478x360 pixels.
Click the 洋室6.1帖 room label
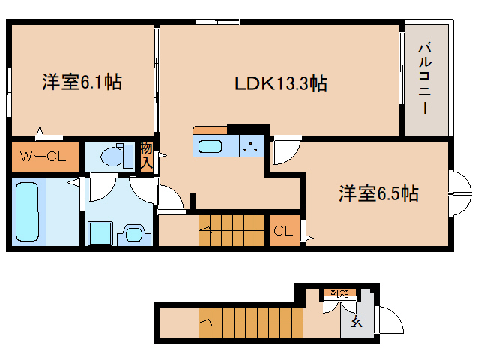coord(82,82)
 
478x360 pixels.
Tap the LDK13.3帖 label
coord(281,83)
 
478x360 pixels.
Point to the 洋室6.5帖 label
coord(378,193)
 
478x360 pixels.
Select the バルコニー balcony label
coord(425,79)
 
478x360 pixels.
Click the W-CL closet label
coord(43,157)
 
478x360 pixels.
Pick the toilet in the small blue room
coord(117,156)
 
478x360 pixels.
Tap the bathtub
coord(28,211)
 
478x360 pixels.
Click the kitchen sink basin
coord(210,147)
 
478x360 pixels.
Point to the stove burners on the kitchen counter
coord(252,146)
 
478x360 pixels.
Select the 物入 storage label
coord(146,155)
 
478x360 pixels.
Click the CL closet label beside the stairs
coord(283,231)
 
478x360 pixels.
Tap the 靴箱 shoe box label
coord(340,293)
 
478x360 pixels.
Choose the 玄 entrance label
coord(356,321)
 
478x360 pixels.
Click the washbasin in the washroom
coord(134,234)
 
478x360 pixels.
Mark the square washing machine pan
coord(100,233)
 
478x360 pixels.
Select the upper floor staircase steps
coord(232,230)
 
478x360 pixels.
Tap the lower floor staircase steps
coord(251,322)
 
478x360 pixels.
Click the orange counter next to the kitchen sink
coord(210,130)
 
